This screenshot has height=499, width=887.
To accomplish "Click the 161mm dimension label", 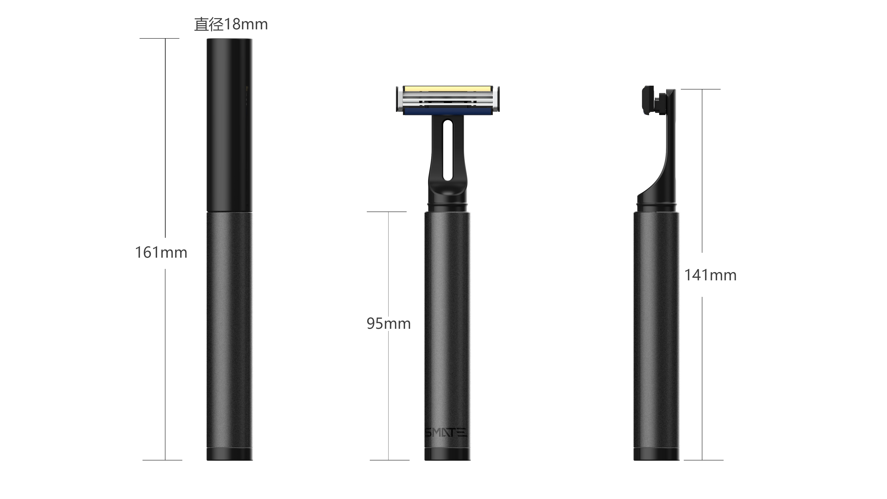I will [x=161, y=253].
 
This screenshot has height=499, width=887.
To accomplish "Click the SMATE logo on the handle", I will [x=446, y=433].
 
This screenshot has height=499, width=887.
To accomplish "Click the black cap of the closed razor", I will [x=229, y=124].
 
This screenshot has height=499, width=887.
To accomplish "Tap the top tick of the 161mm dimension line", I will [x=159, y=38].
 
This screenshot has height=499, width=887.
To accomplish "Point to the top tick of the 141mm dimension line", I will [x=701, y=89].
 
